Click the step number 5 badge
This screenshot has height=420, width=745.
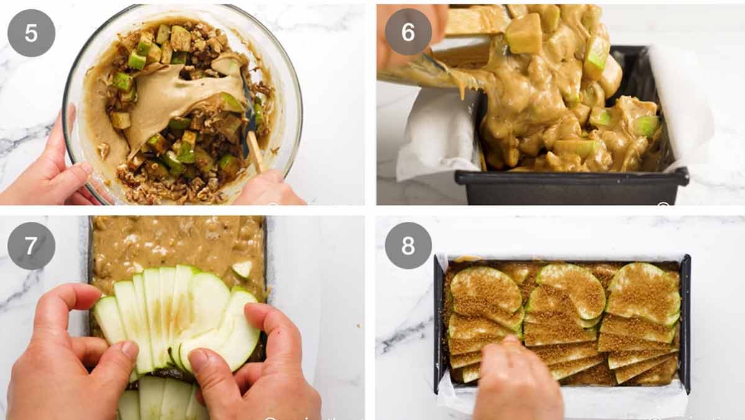point(31,33)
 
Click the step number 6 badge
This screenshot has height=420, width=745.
point(408,32)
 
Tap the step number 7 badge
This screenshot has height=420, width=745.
point(31,245)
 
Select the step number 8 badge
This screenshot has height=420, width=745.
point(408,245)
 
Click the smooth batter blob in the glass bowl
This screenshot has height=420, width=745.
point(161,99)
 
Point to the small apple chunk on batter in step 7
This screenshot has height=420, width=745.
point(242,269)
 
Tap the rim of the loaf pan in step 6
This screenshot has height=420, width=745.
point(571,178)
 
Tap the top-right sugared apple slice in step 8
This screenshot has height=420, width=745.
point(646,292)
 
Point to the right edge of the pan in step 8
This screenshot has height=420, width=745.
point(685,323)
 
